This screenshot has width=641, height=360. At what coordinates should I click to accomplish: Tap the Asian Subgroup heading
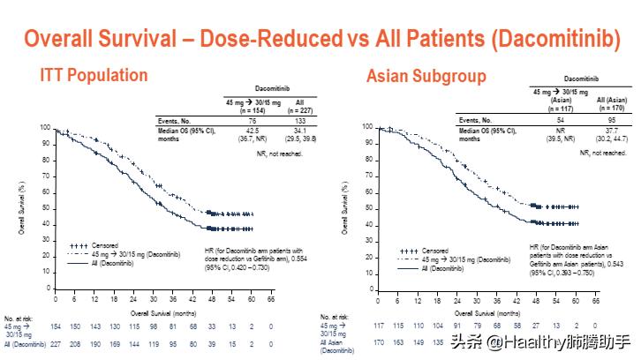[426, 77]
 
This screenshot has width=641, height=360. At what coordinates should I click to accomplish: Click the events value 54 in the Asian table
[560, 118]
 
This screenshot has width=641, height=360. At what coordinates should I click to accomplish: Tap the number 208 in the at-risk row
[74, 343]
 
